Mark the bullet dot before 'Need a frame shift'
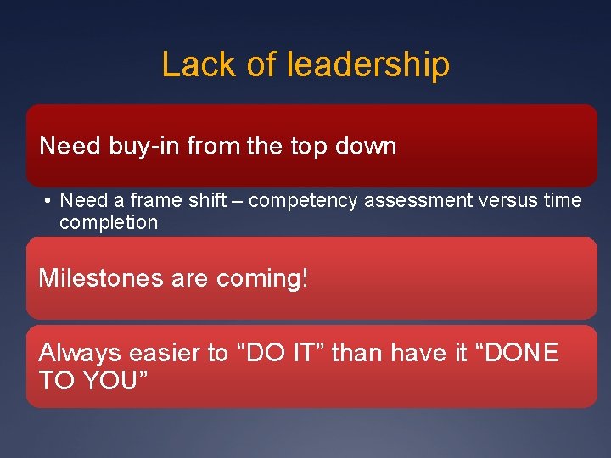[x=48, y=201]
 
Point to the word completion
[x=109, y=223]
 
